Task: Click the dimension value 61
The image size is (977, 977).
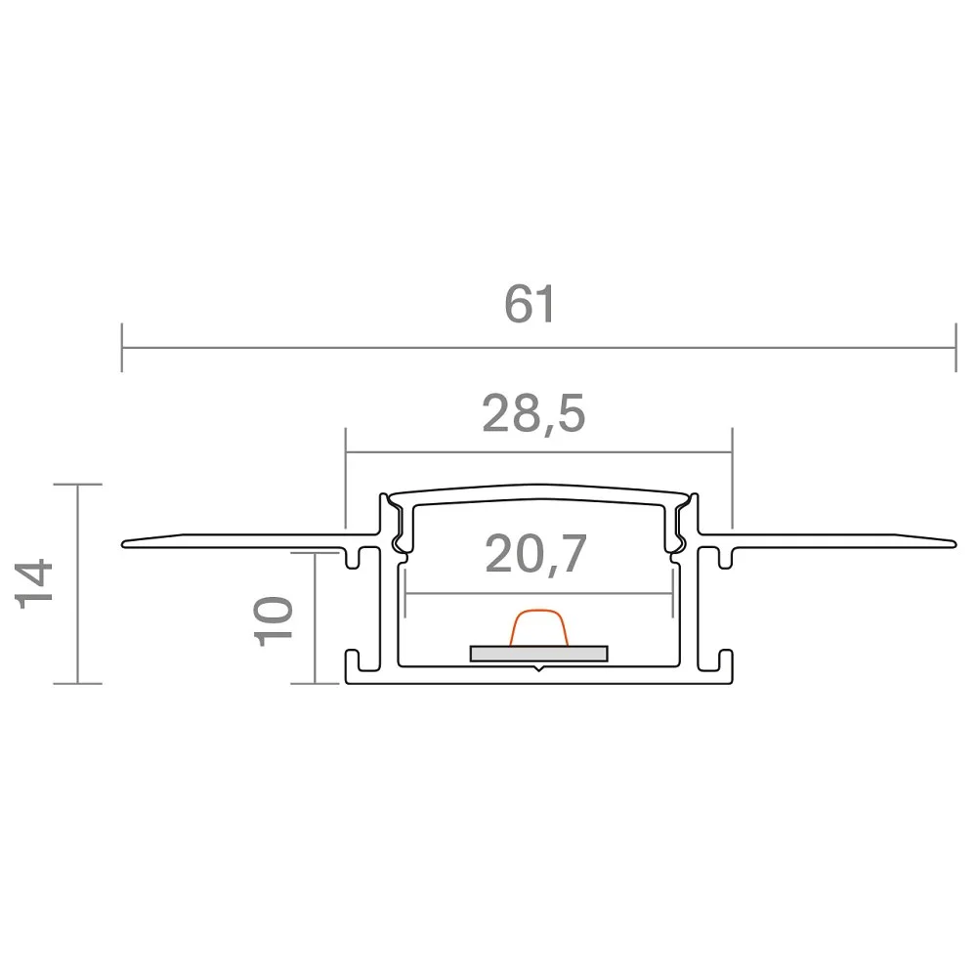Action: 529,305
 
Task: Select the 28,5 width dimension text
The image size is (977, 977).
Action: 534,413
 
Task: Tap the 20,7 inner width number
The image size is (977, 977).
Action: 535,554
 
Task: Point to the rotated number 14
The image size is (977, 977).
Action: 33,584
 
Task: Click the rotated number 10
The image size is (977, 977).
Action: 274,621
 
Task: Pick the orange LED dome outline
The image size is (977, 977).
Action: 539,627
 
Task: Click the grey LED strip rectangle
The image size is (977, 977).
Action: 539,653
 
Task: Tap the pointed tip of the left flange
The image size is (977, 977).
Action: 123,544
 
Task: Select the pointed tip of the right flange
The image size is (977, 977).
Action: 956,544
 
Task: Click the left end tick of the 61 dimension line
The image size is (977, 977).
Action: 122,348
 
